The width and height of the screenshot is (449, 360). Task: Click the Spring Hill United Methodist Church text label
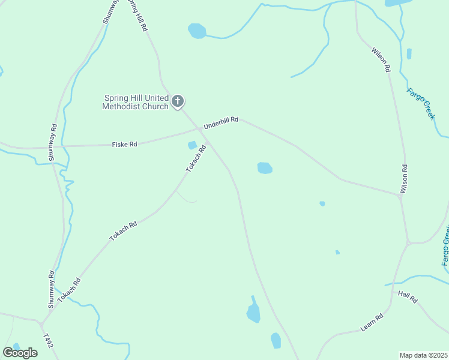(136, 103)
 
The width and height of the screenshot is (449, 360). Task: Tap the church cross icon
(177, 101)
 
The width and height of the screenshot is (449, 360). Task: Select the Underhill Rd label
(221, 123)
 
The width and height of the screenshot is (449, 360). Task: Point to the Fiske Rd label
(125, 145)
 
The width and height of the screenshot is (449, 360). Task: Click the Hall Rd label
(408, 296)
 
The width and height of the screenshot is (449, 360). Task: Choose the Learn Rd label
(372, 323)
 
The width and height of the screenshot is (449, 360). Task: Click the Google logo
(20, 352)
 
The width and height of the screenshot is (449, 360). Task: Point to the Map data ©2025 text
(424, 355)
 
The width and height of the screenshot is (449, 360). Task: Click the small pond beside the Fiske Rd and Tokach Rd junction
(192, 145)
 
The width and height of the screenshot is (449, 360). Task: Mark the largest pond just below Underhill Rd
(265, 168)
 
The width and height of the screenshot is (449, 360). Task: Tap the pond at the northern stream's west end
(197, 30)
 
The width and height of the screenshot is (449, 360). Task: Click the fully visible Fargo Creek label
(420, 103)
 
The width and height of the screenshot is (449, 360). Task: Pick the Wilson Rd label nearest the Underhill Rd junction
(403, 179)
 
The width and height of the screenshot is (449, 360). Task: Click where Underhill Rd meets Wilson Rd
(400, 195)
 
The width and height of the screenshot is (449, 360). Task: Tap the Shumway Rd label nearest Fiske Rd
(52, 142)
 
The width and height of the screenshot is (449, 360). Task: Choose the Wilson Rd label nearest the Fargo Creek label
(381, 60)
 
